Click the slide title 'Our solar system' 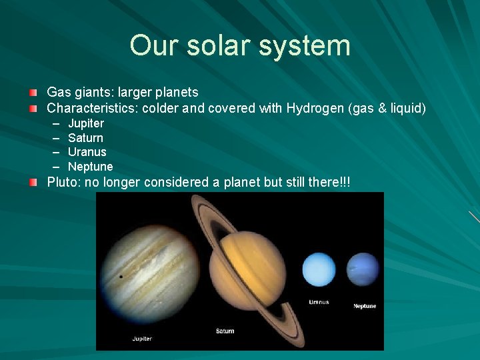(x=240, y=46)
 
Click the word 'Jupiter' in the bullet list (x=86, y=123)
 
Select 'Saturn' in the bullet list (x=85, y=138)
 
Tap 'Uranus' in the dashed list (x=87, y=152)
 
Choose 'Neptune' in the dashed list (x=90, y=167)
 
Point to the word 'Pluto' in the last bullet (x=61, y=183)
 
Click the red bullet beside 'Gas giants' (x=33, y=91)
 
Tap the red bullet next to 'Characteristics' (x=33, y=108)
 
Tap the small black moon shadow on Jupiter (x=121, y=276)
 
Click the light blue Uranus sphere (x=319, y=270)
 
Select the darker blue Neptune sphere (x=363, y=270)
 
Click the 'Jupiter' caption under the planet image (x=142, y=339)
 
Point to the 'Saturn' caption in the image (x=225, y=331)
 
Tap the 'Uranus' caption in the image (x=319, y=302)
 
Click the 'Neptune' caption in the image (x=365, y=306)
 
